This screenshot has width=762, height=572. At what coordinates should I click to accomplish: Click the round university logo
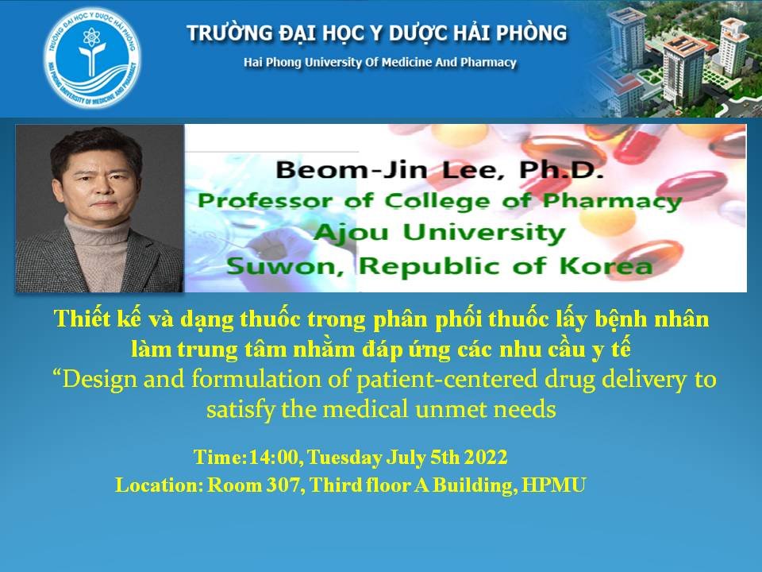pos(92,57)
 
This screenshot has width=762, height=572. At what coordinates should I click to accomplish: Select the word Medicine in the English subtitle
pos(406,62)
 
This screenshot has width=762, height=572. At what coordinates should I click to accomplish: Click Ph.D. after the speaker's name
pos(561,170)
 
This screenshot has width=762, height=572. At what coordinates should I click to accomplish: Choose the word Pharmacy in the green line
pos(612,201)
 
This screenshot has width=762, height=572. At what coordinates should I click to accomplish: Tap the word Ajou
pos(350,233)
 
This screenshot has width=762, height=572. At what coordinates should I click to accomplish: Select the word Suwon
pos(286,267)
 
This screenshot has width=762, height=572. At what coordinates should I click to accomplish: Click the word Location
pos(159,485)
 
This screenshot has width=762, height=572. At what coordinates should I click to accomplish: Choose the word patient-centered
pos(447,380)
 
